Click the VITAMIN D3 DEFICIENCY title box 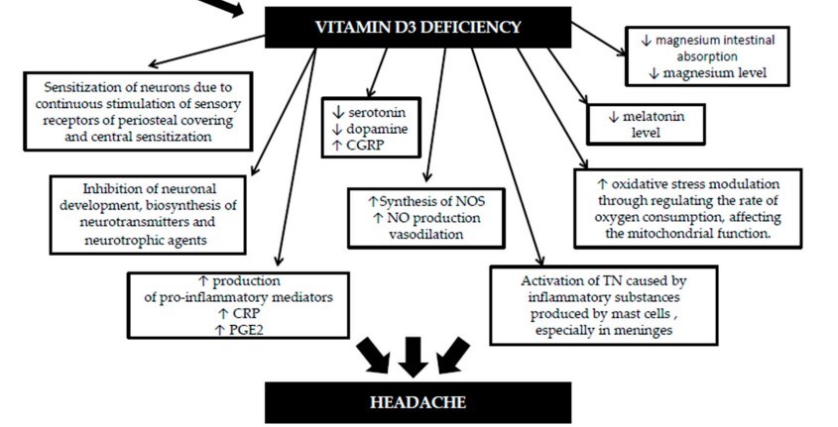pos(418,28)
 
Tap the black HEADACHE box pos(418,402)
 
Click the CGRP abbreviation pos(370,145)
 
